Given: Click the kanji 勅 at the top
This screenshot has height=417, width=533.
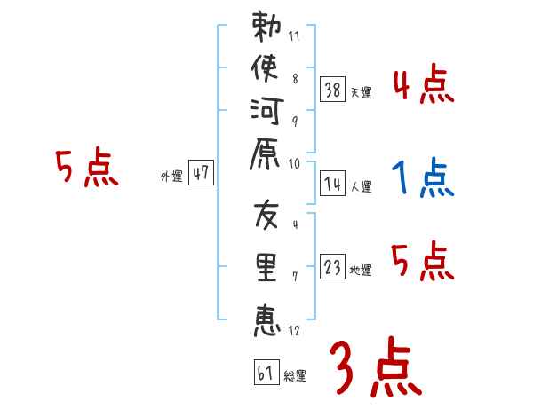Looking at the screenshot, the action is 266,27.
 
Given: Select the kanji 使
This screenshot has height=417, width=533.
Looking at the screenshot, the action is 265,68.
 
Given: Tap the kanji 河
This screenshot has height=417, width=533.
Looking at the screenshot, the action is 266,111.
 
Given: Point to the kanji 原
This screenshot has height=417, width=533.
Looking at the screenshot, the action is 265,153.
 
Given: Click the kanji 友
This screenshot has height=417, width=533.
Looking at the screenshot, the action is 266,215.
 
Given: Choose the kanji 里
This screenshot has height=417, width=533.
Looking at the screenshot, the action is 266,267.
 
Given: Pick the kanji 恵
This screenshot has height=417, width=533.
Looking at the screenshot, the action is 266,320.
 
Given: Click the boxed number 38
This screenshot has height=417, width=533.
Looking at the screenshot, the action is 332,90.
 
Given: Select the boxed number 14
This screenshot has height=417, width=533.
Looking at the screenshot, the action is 332,184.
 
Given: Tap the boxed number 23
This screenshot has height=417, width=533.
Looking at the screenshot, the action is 332,266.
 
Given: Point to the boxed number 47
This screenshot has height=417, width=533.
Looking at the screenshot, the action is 201,172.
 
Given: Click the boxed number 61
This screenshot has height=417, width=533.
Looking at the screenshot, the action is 266,372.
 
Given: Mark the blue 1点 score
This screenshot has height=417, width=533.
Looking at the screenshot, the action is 423,178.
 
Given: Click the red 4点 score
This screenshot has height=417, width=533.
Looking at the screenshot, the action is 424,83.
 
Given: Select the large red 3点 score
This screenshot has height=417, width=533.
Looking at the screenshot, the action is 376,366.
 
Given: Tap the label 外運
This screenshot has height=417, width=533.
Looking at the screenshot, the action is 171,177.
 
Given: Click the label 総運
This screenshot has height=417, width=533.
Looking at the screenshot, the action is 295,375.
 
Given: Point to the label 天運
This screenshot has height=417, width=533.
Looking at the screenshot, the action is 362,92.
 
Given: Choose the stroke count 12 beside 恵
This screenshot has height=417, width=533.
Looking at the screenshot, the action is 294,330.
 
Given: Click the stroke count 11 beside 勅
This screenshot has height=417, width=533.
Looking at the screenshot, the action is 294,36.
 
